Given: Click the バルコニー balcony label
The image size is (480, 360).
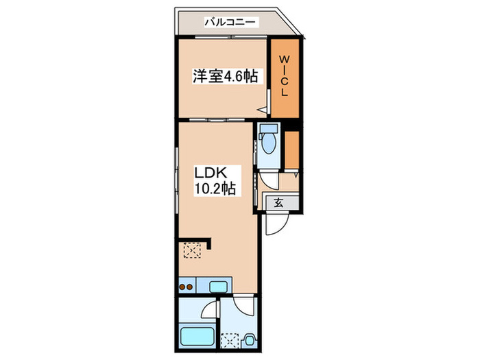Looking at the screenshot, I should (230, 23).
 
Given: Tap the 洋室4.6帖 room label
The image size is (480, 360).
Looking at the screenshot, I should (225, 77).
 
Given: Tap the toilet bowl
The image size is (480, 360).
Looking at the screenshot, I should (268, 143).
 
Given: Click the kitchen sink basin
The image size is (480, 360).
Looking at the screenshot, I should (220, 285).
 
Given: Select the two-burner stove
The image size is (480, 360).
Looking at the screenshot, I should (187, 286).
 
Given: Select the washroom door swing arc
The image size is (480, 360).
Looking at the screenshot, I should (242, 307).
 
